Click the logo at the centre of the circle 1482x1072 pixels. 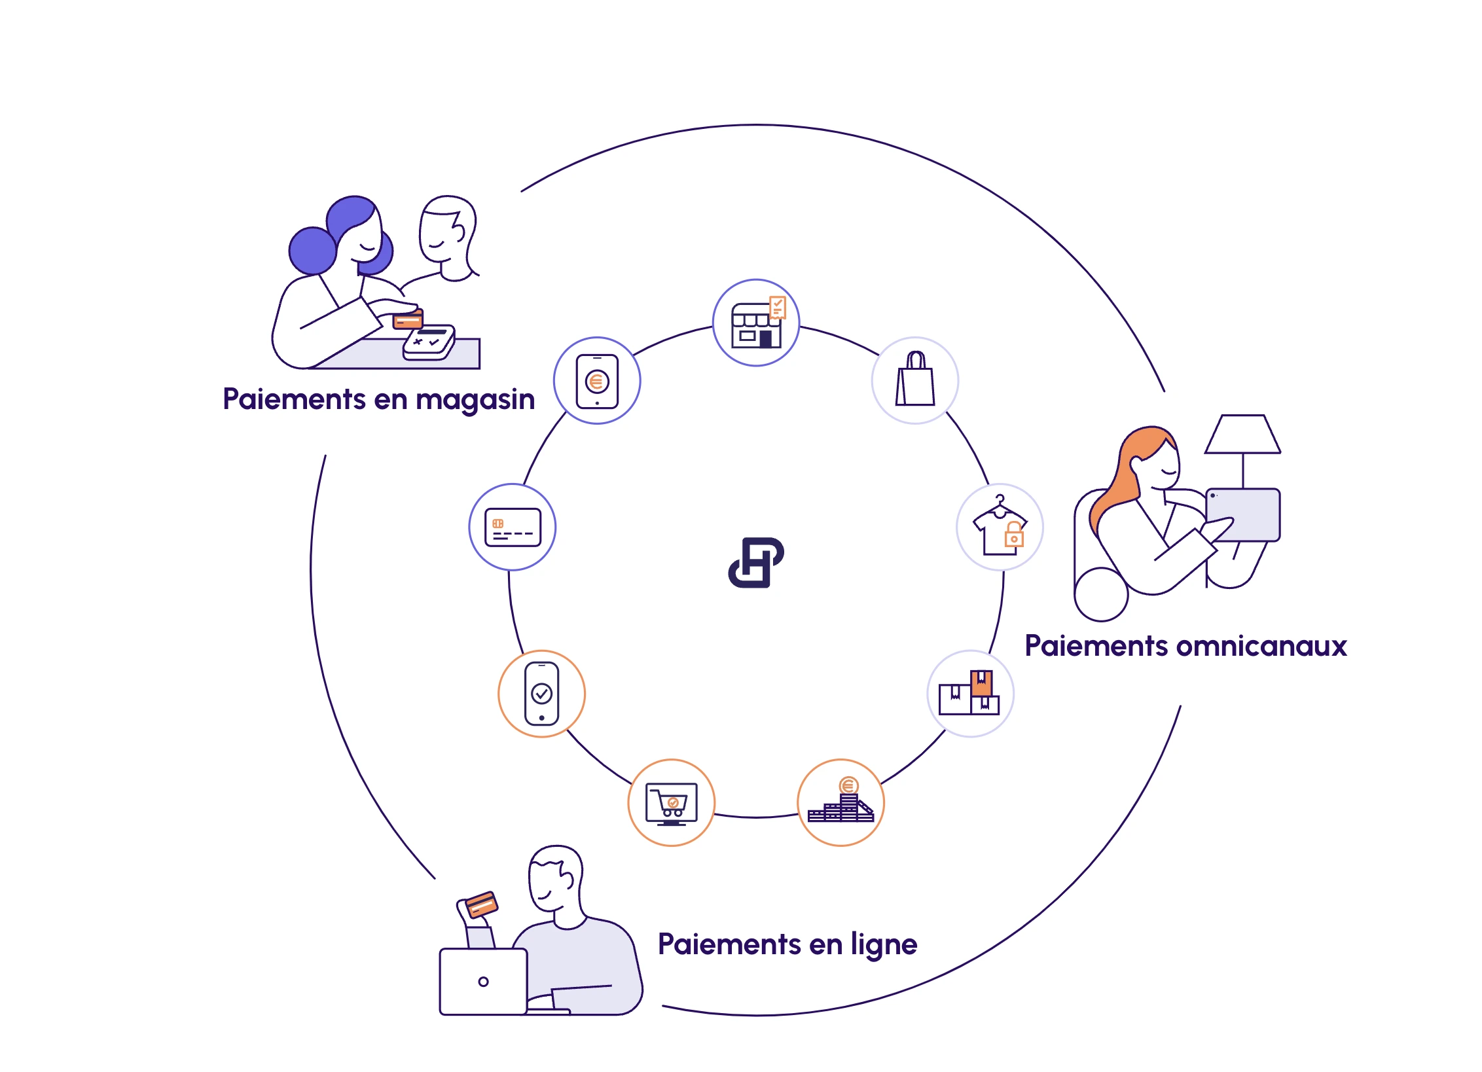pyautogui.click(x=756, y=563)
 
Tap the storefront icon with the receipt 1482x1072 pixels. pyautogui.click(x=756, y=323)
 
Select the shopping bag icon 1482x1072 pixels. pyautogui.click(x=915, y=380)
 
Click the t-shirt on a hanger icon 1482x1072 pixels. pyautogui.click(x=1000, y=527)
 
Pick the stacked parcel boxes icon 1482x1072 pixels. pyautogui.click(x=970, y=693)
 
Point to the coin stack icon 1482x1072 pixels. pyautogui.click(x=840, y=802)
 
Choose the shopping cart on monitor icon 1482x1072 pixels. pyautogui.click(x=672, y=803)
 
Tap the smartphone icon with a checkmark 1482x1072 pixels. pyautogui.click(x=542, y=694)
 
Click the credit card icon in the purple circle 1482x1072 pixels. pyautogui.click(x=513, y=527)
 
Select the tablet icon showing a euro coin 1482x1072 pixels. pyautogui.click(x=597, y=381)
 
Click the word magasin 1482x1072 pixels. pyautogui.click(x=475, y=400)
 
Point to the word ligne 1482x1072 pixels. pyautogui.click(x=884, y=944)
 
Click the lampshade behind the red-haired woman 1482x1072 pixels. pyautogui.click(x=1242, y=435)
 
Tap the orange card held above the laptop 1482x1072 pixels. pyautogui.click(x=482, y=905)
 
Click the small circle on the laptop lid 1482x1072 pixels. pyautogui.click(x=484, y=982)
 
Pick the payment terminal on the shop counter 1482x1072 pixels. pyautogui.click(x=429, y=342)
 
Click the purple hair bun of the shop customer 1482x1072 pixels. pyautogui.click(x=312, y=251)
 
